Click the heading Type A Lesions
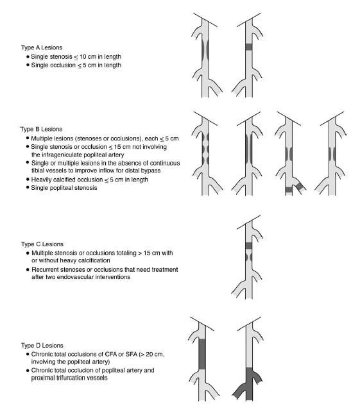click(42, 47)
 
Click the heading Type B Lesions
click(41, 129)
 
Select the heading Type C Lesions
click(42, 244)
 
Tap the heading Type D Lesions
click(42, 345)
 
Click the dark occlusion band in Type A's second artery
click(248, 47)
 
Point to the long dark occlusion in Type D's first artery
click(202, 354)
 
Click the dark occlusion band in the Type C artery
click(248, 246)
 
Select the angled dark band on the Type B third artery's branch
click(300, 186)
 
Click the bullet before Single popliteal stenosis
click(28, 187)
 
